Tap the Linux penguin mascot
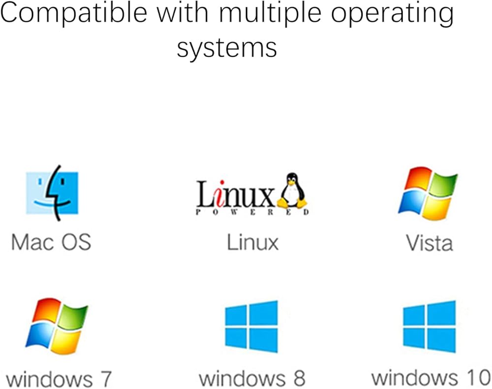click(x=292, y=191)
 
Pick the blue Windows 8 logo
click(x=251, y=326)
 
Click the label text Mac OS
click(x=51, y=242)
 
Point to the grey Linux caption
click(x=252, y=242)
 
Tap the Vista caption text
click(x=429, y=242)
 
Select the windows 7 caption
click(x=60, y=380)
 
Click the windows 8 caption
click(x=251, y=378)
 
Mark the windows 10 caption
click(x=431, y=378)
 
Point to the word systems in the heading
click(x=227, y=48)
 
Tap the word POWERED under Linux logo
click(x=252, y=213)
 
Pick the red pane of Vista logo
click(x=414, y=180)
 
